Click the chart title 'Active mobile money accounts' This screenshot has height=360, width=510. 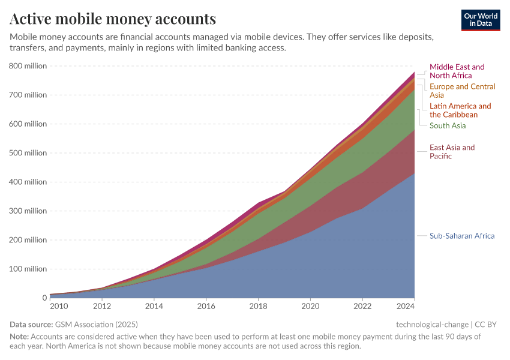click(x=113, y=19)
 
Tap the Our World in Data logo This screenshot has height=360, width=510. click(x=480, y=20)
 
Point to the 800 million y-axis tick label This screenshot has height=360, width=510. click(x=28, y=66)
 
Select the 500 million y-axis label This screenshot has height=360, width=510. click(x=28, y=153)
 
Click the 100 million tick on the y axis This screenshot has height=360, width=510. click(x=28, y=269)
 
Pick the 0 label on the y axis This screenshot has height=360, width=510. click(x=44, y=298)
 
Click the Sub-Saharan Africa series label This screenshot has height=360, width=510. click(x=462, y=236)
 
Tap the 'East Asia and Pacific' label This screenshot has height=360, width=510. click(x=452, y=152)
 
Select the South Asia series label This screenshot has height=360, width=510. click(x=448, y=125)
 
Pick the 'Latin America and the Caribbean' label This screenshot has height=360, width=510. click(x=460, y=110)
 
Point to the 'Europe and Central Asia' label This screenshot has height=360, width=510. click(x=462, y=91)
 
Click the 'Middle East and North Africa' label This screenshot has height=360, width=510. click(x=457, y=71)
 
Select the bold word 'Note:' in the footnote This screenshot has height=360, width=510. click(x=19, y=337)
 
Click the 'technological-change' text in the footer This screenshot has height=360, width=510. click(x=432, y=324)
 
